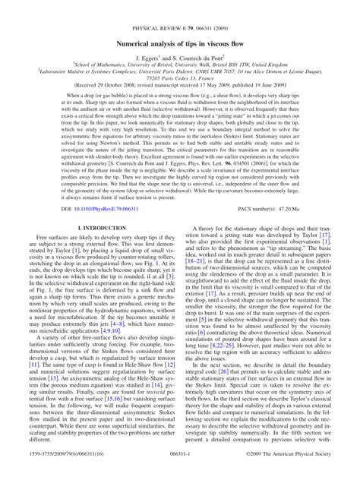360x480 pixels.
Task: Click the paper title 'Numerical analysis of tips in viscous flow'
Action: pyautogui.click(x=179, y=24)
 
